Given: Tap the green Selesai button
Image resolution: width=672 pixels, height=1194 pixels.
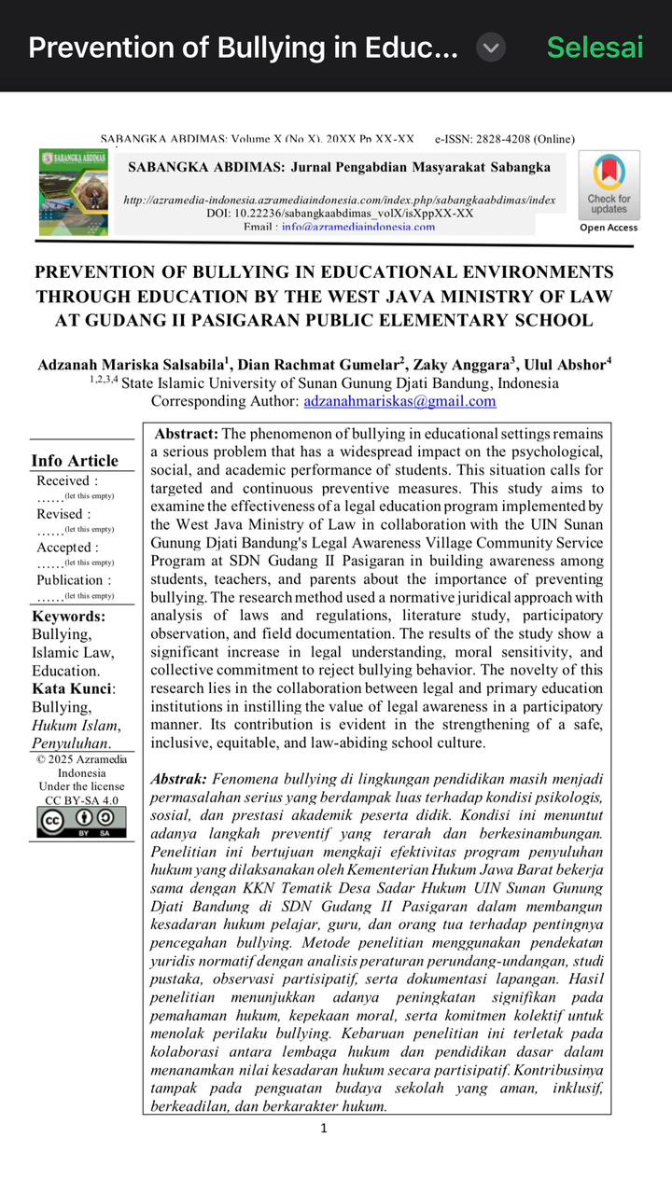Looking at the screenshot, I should coord(595,48).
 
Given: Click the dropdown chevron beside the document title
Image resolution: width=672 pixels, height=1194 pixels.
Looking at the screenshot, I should coord(491,48).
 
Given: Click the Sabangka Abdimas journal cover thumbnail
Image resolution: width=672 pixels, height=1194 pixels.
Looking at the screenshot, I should coord(73,192).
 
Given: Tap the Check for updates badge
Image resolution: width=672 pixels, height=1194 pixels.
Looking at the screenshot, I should coord(609,184).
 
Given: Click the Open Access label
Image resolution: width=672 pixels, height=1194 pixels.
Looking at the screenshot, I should coord(609,228).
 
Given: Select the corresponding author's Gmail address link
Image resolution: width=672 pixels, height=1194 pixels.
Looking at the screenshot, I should coord(399,401).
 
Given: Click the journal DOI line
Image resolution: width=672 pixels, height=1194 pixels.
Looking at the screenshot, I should coord(340,213).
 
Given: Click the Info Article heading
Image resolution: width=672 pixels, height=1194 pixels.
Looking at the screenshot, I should coord(75,461).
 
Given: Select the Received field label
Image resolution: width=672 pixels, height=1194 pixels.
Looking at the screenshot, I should coord(65,481).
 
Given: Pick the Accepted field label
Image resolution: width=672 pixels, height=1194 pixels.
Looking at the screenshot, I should coord(67,548).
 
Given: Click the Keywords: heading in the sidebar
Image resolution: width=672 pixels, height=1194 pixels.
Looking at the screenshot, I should coord(68,616).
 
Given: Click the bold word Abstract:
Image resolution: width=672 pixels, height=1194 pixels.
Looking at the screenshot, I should coord(187,434).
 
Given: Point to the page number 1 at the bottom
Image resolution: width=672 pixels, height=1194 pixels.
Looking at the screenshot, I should coord(324,1128).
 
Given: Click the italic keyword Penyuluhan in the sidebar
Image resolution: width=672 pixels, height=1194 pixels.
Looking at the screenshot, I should coord(70,743).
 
